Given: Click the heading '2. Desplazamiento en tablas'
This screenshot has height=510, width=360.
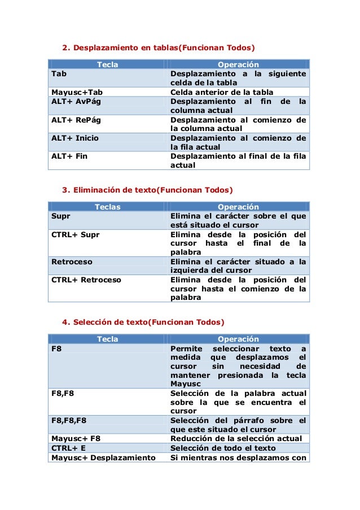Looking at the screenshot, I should click(158, 46).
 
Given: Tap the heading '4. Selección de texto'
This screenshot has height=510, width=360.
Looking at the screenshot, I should click(143, 322).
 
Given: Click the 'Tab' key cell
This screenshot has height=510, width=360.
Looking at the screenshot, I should click(57, 74).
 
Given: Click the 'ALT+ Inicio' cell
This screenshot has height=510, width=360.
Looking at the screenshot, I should click(74, 138).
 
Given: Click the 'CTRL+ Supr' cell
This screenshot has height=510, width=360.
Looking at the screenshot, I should click(76, 234).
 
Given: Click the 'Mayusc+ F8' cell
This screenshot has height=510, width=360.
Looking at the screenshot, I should click(76, 438).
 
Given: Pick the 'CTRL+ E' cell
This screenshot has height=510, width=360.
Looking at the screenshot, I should click(69, 448).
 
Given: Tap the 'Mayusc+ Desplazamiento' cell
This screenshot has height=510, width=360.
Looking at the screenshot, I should click(103, 457).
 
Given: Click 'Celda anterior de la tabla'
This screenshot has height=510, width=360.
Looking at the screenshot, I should click(222, 92).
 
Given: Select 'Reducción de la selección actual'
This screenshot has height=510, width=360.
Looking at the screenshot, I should click(236, 438).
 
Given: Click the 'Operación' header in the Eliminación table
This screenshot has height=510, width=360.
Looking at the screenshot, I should click(238, 207).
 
